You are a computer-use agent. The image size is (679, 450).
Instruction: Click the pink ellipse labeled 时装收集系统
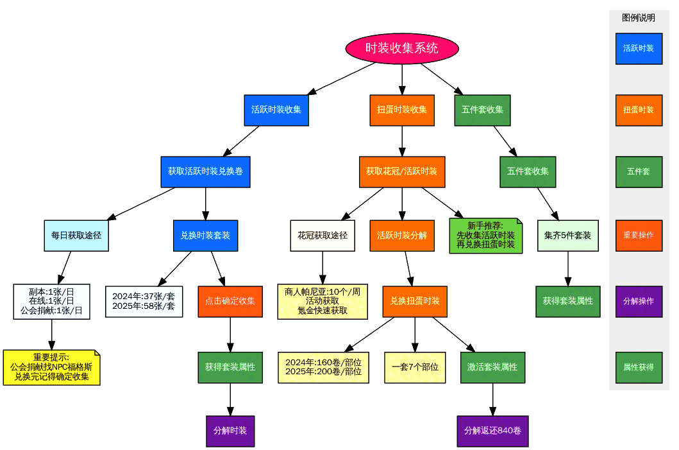coord(402,48)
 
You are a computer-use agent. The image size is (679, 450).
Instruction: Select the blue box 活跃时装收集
coord(276,110)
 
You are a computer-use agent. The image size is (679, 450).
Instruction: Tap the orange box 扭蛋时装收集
coord(402,110)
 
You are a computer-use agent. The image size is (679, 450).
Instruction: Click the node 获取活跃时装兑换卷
coord(205,171)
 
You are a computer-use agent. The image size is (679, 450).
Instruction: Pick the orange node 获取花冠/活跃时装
coord(402,171)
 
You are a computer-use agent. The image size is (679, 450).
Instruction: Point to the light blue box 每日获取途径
coord(76,236)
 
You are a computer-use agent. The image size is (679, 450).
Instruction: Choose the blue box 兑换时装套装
coord(205,236)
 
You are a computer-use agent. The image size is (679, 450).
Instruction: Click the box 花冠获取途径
coord(323,236)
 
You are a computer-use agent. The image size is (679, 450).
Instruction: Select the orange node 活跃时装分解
coord(402,236)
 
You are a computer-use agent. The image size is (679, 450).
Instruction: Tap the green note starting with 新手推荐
coord(486,236)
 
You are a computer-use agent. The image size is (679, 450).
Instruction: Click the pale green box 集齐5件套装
coord(567,236)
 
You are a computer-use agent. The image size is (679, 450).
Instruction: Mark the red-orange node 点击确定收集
coord(230,301)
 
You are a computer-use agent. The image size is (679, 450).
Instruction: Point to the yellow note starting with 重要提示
coord(51,367)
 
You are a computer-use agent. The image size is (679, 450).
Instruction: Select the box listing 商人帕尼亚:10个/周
coord(323,301)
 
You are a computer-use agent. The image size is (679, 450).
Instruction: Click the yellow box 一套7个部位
coord(415,367)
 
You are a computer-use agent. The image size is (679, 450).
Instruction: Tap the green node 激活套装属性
coord(492,367)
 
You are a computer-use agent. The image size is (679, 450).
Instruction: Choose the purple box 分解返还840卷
coord(492,431)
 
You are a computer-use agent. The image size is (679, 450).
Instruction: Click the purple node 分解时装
coord(230,431)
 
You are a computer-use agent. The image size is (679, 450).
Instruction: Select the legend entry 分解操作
coord(639,301)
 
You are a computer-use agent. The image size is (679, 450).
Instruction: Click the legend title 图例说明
coord(639,18)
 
